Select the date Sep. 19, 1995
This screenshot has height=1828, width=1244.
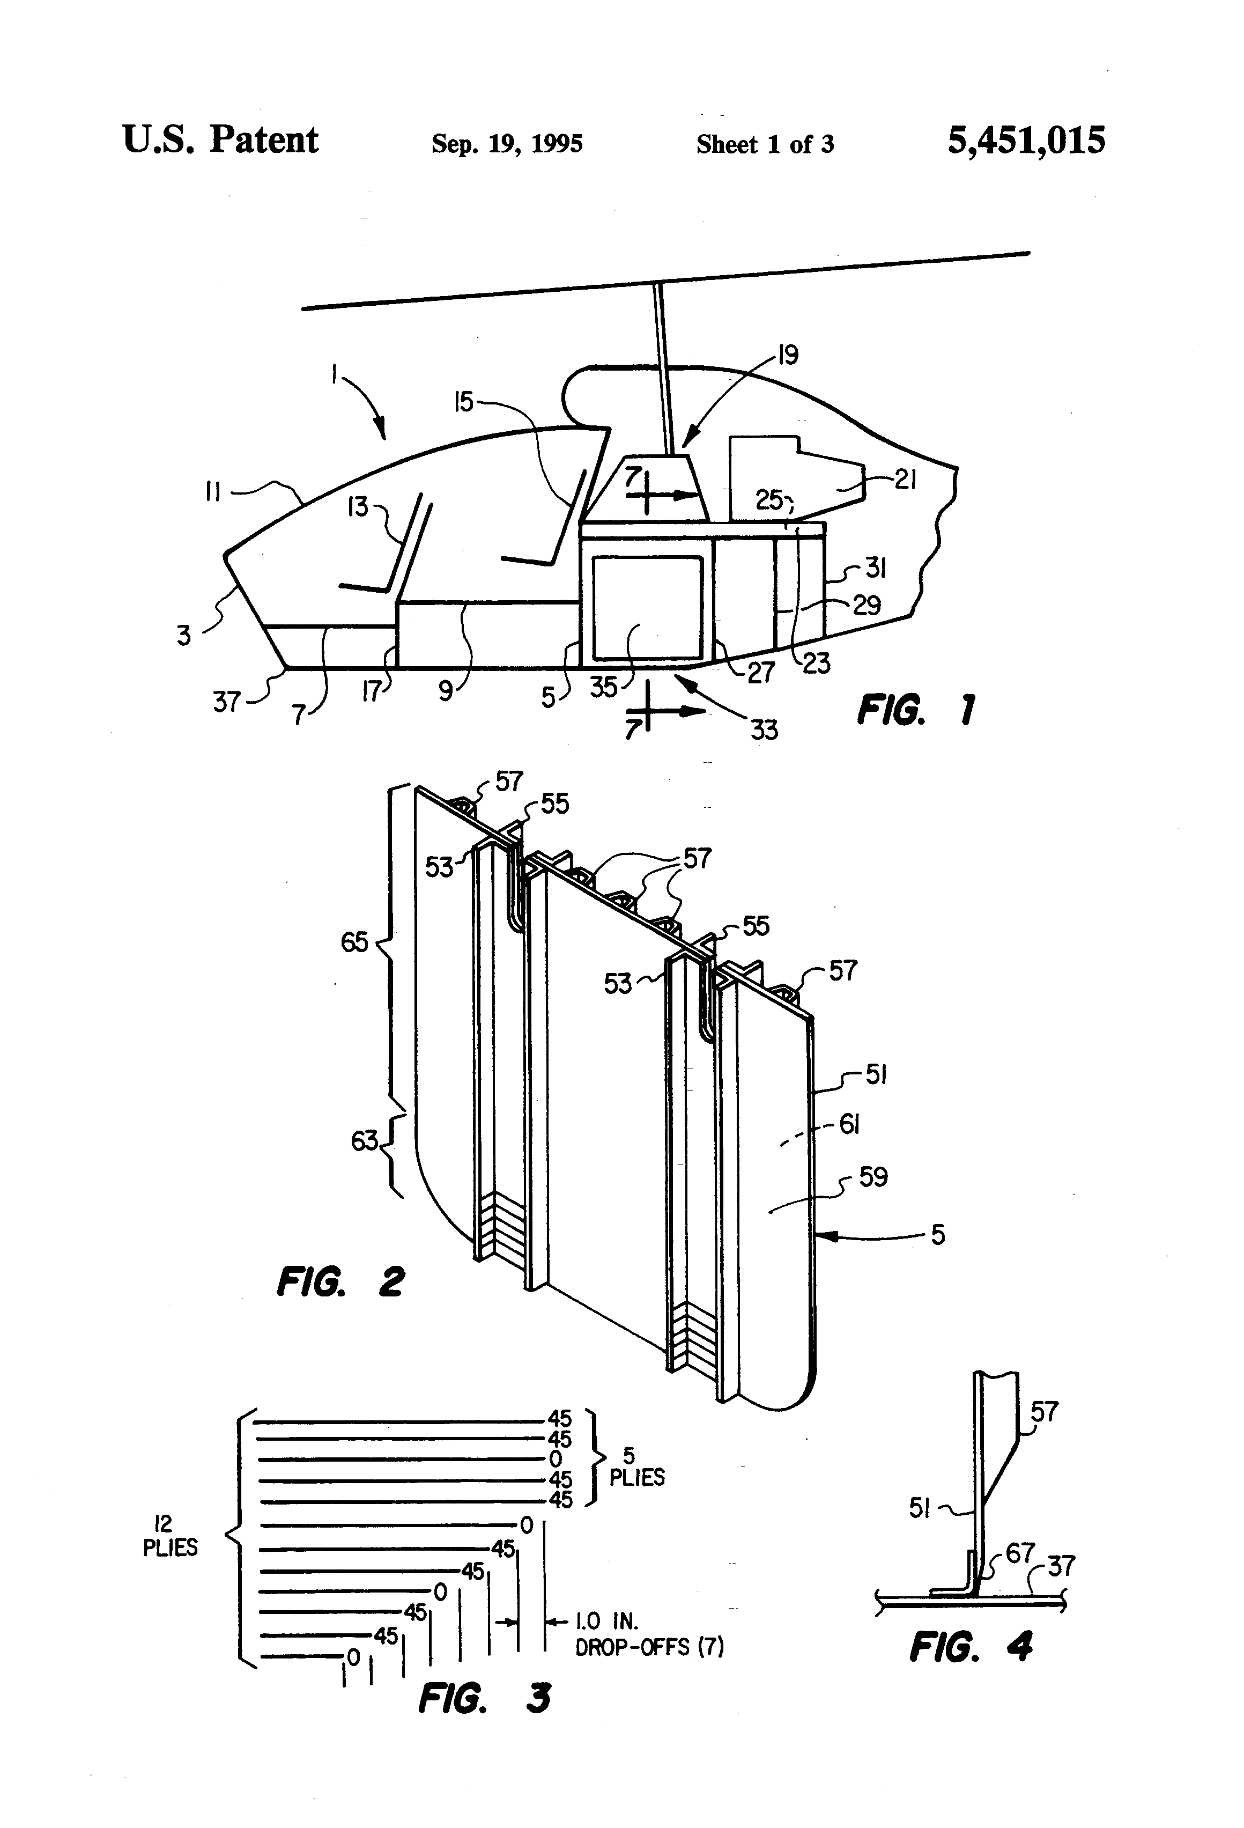pos(507,144)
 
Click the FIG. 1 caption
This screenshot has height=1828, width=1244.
pos(915,710)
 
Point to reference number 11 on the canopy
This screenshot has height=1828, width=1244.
pos(212,492)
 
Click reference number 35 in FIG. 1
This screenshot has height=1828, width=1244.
pos(604,686)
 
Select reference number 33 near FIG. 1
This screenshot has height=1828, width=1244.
pos(764,730)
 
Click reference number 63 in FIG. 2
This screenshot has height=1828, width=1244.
pos(364,1140)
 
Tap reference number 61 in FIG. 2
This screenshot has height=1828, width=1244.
pos(849,1125)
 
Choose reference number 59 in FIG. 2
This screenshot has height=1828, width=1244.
pos(873,1177)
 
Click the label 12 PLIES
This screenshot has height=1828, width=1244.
pos(169,1536)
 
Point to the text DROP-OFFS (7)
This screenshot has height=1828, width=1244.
pos(649,1647)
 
